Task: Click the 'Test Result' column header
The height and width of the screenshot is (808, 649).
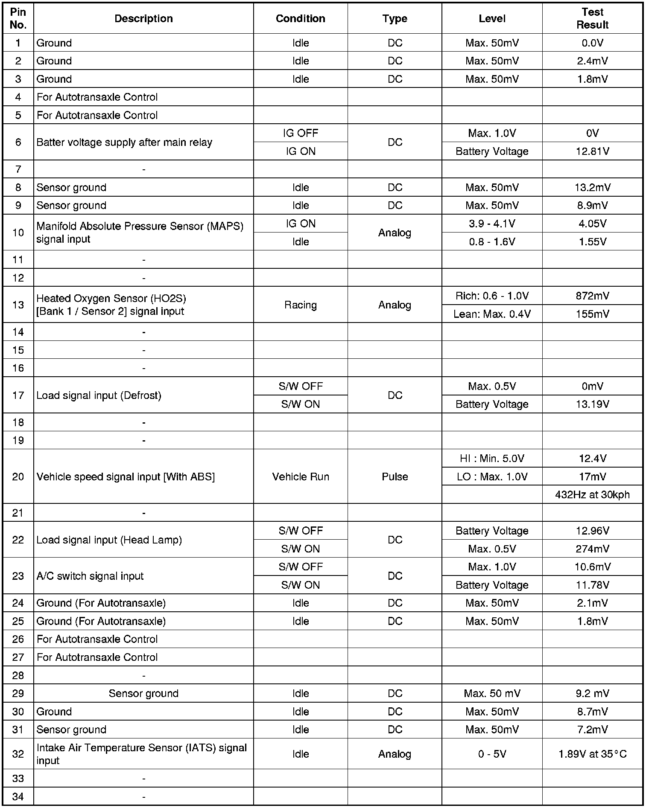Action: pos(592,18)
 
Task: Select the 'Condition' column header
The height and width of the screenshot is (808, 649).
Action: pos(300,18)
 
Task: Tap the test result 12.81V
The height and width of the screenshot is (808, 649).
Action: pos(592,151)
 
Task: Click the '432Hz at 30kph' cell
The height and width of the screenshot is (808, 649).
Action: pos(592,495)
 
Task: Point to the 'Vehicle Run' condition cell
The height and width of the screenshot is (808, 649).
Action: pos(300,477)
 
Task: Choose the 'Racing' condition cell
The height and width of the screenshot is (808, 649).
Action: pos(300,305)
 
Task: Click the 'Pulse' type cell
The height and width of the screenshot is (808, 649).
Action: pos(395,477)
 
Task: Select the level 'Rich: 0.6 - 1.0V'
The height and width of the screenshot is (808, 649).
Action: pos(492,296)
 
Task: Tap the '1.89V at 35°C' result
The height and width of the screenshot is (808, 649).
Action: pos(592,754)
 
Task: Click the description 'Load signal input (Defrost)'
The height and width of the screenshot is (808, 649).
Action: pos(99,395)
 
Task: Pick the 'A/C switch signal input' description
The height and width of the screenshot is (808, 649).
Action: pos(90,576)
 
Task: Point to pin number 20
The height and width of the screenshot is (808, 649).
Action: pos(18,477)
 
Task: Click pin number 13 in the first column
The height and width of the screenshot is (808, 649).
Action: pos(18,305)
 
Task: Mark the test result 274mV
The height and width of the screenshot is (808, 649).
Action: pos(592,549)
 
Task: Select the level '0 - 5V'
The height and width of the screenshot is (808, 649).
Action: pos(492,754)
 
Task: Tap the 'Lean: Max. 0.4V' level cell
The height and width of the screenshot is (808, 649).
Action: pos(492,314)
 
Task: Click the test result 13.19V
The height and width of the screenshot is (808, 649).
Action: pos(592,404)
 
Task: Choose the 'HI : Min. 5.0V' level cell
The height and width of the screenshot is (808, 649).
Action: pos(492,459)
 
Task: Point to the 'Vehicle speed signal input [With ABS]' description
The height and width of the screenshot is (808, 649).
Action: pos(126,477)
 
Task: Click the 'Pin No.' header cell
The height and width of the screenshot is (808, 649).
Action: pos(18,18)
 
